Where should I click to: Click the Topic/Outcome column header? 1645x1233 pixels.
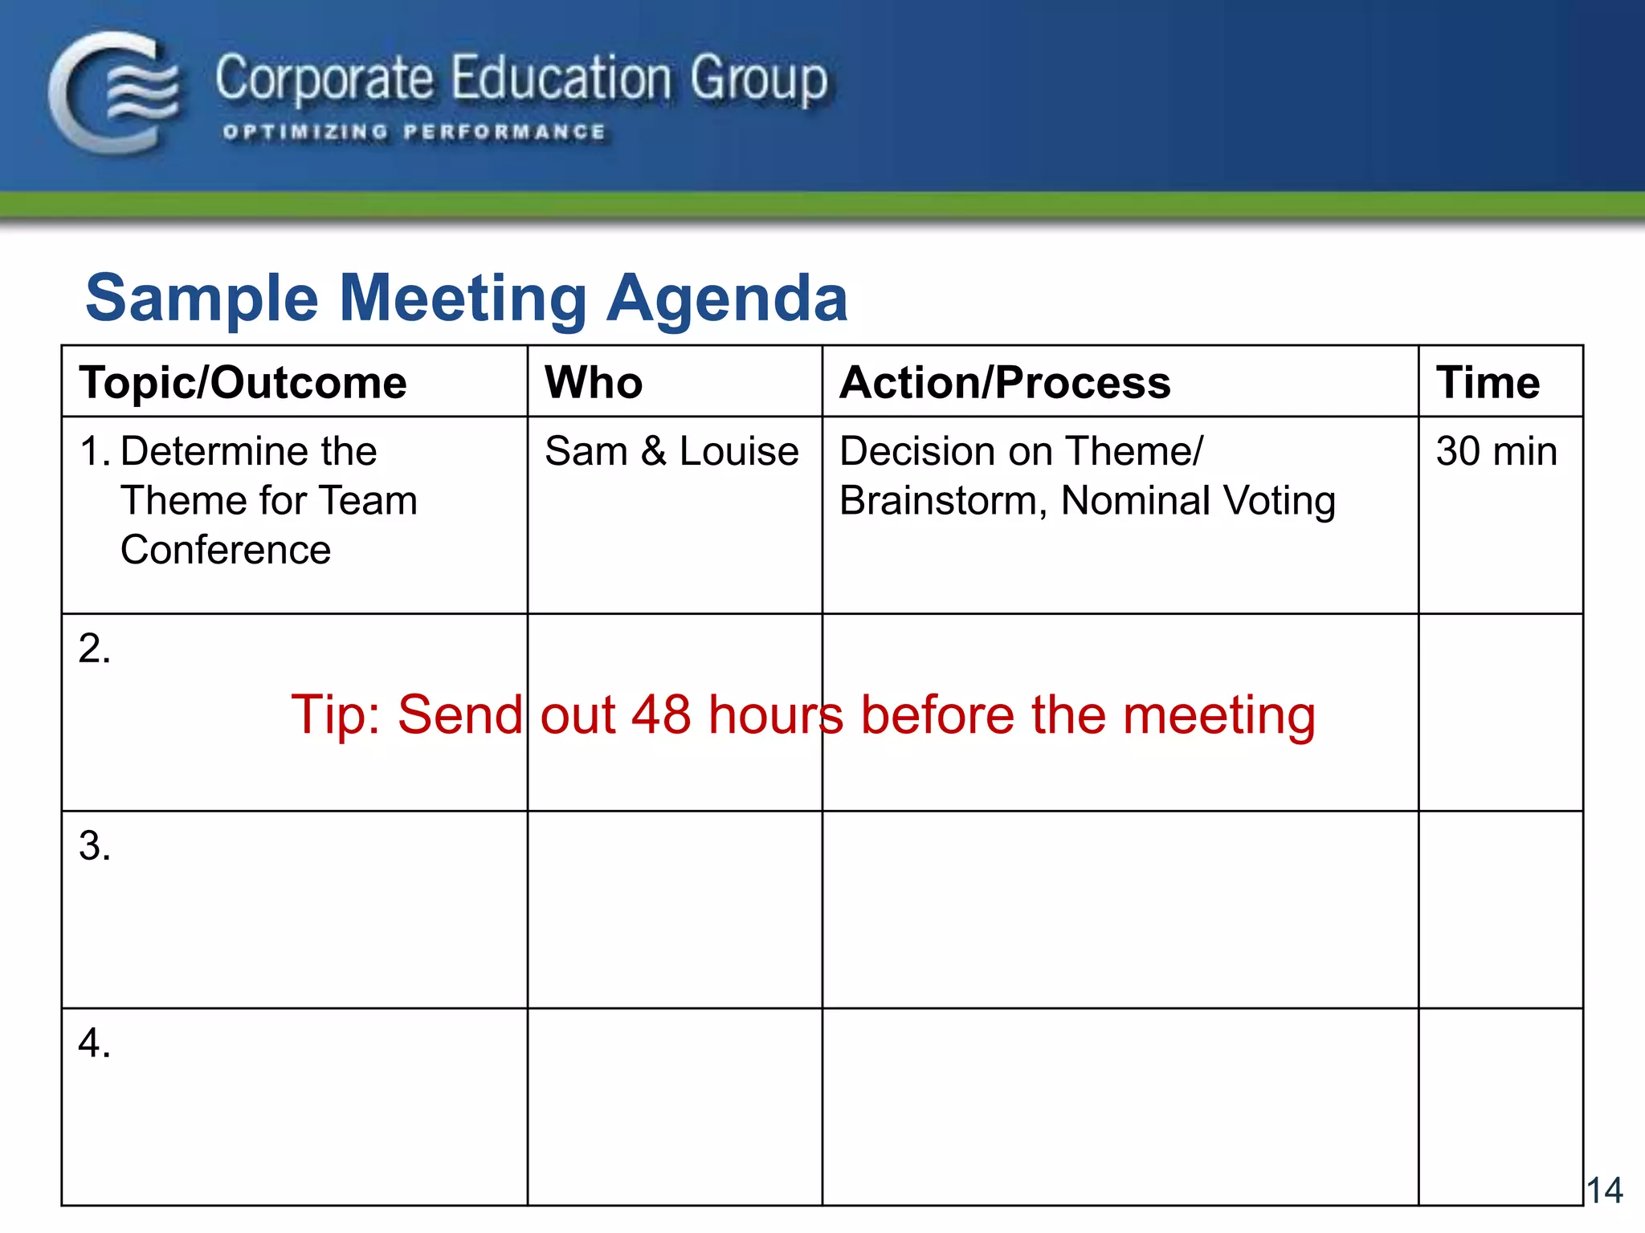click(243, 383)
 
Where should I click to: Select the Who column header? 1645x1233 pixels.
click(594, 383)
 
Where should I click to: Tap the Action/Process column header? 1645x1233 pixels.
click(1005, 383)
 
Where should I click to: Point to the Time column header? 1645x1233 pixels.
click(1488, 383)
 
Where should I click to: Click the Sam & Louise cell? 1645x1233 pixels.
click(671, 451)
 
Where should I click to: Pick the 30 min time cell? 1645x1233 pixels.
click(1496, 451)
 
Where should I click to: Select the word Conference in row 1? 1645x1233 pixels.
click(226, 551)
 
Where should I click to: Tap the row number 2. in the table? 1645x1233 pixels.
click(95, 649)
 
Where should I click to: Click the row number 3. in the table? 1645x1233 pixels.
click(95, 846)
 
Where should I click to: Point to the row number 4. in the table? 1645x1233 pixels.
click(95, 1044)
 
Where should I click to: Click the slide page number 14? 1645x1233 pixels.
click(1604, 1190)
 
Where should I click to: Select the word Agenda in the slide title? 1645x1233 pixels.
click(727, 299)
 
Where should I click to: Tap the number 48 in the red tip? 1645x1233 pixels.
click(660, 714)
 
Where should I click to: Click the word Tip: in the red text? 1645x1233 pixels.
click(337, 714)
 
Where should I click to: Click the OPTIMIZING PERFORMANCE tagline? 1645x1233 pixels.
click(414, 132)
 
